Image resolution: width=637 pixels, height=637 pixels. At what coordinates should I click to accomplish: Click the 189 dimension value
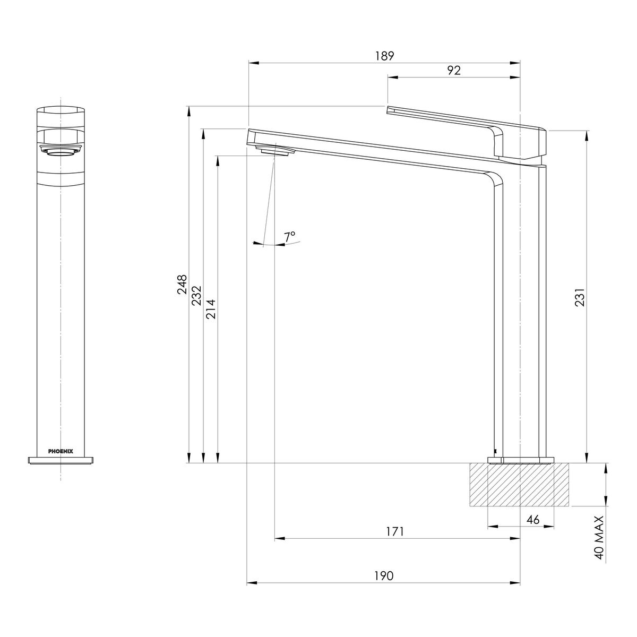coord(384,56)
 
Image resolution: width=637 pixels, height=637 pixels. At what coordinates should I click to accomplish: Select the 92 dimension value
coord(454,71)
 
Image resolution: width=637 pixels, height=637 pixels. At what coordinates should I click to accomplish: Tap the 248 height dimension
coord(182,284)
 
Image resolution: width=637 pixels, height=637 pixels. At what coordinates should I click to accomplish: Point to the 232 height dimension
coord(197,296)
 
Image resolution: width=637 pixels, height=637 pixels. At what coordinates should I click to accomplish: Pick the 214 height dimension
coord(211,309)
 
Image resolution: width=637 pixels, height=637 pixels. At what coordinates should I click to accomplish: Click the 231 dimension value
coord(581,297)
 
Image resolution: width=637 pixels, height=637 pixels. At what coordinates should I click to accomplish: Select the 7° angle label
coord(290,237)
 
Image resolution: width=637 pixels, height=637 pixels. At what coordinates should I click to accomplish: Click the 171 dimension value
coord(395,532)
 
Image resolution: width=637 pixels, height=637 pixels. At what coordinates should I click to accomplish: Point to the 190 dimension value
coord(384,576)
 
